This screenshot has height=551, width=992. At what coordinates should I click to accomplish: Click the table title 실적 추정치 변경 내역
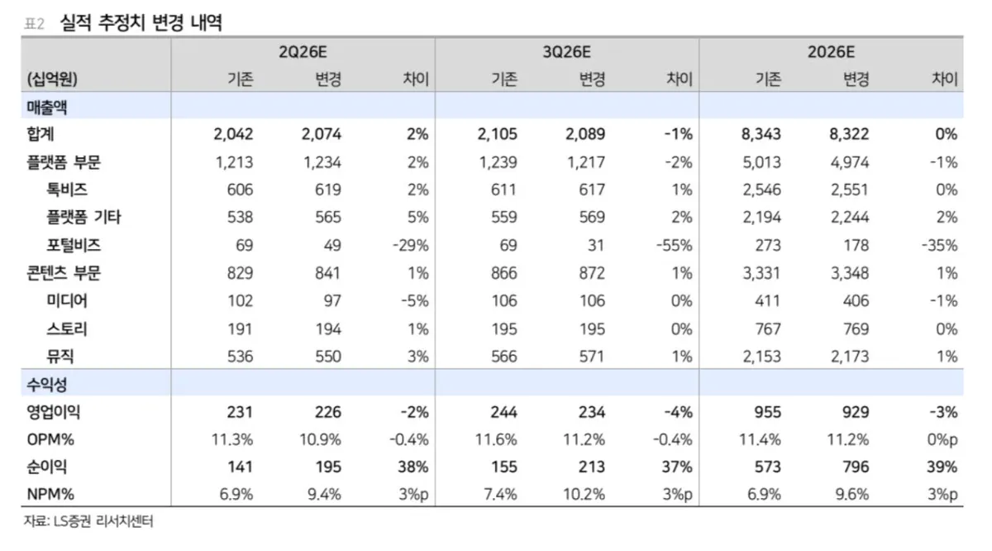pos(141,22)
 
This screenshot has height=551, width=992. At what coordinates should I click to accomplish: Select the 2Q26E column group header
pos(303,52)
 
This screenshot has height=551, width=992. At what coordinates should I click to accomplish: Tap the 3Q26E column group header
pos(567,52)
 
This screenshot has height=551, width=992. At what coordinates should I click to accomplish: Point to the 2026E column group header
pos(831,52)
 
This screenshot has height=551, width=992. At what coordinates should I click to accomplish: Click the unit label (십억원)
pos(52,79)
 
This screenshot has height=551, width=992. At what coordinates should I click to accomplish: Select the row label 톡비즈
pos(67,189)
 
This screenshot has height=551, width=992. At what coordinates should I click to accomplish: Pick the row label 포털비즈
pos(74,245)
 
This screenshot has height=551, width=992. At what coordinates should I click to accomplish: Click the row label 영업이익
pos(54,412)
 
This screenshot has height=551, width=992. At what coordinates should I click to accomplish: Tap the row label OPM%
pos(50,440)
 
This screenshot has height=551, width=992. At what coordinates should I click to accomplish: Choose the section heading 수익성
pos(46,385)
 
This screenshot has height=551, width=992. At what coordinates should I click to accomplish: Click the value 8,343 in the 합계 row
pos(761,134)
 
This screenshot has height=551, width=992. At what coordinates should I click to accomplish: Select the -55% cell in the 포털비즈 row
pos(674,245)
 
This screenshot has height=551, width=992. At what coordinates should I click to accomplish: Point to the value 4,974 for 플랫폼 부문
pos(850,162)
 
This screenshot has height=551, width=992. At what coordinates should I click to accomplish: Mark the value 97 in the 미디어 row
pos(332,301)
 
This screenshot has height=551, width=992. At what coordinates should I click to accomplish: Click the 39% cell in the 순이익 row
pos(942,467)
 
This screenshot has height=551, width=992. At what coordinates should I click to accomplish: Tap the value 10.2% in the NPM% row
pos(584,494)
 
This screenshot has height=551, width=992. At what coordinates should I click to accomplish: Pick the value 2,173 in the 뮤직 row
pos(850,357)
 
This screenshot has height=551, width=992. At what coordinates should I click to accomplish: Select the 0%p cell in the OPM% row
pos(942,440)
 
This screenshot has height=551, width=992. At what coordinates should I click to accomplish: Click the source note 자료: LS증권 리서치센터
pos(88,521)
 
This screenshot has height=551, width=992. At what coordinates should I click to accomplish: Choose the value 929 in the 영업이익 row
pos(856,412)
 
